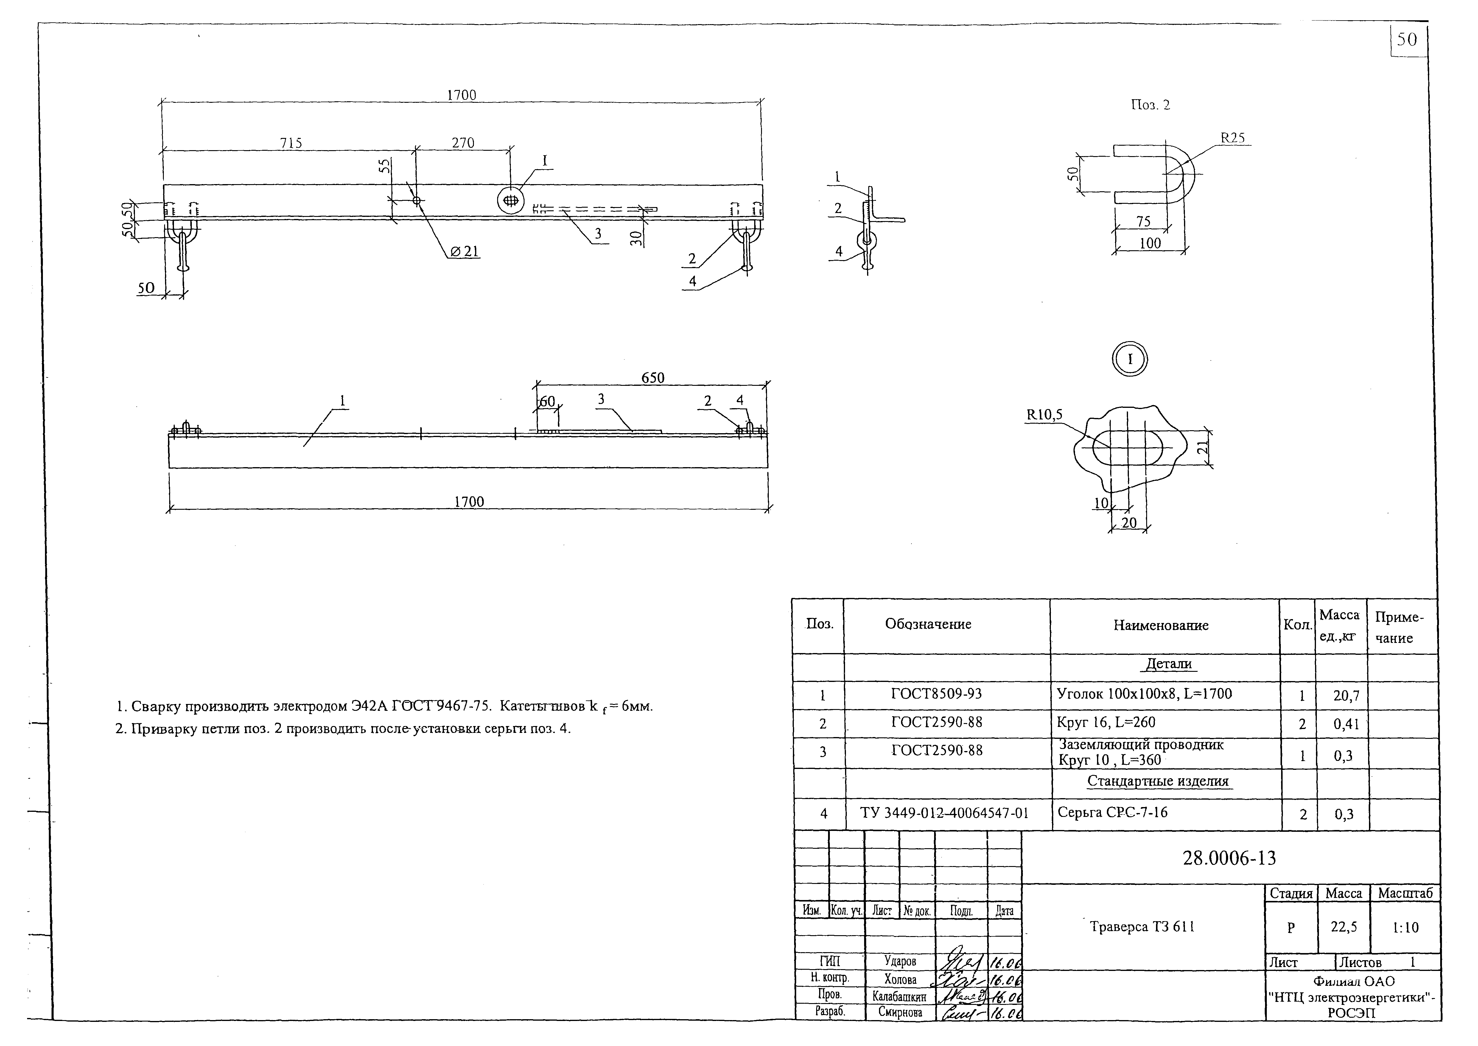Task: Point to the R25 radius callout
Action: coord(1233,138)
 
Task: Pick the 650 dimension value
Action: coord(652,378)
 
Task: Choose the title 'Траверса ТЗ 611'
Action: coord(1142,927)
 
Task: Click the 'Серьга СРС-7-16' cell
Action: coord(1112,813)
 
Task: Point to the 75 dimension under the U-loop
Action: coord(1143,222)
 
